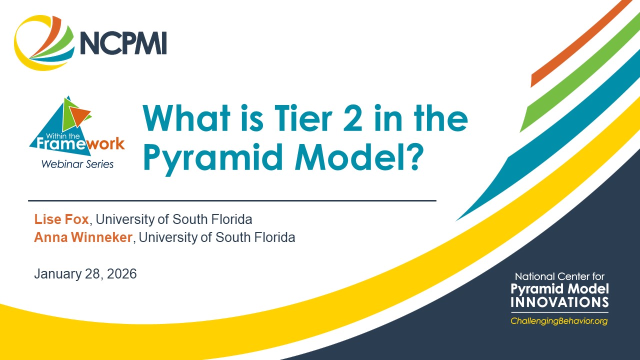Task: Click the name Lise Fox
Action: [x=62, y=219]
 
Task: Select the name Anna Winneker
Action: [x=83, y=237]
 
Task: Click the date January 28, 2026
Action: [x=85, y=274]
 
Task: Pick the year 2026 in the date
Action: [x=121, y=274]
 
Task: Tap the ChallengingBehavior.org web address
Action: [x=559, y=321]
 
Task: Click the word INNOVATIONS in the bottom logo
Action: [x=559, y=302]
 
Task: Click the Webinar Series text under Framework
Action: [x=77, y=163]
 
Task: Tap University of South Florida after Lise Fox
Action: [x=174, y=219]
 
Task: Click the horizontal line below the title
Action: [x=232, y=200]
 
